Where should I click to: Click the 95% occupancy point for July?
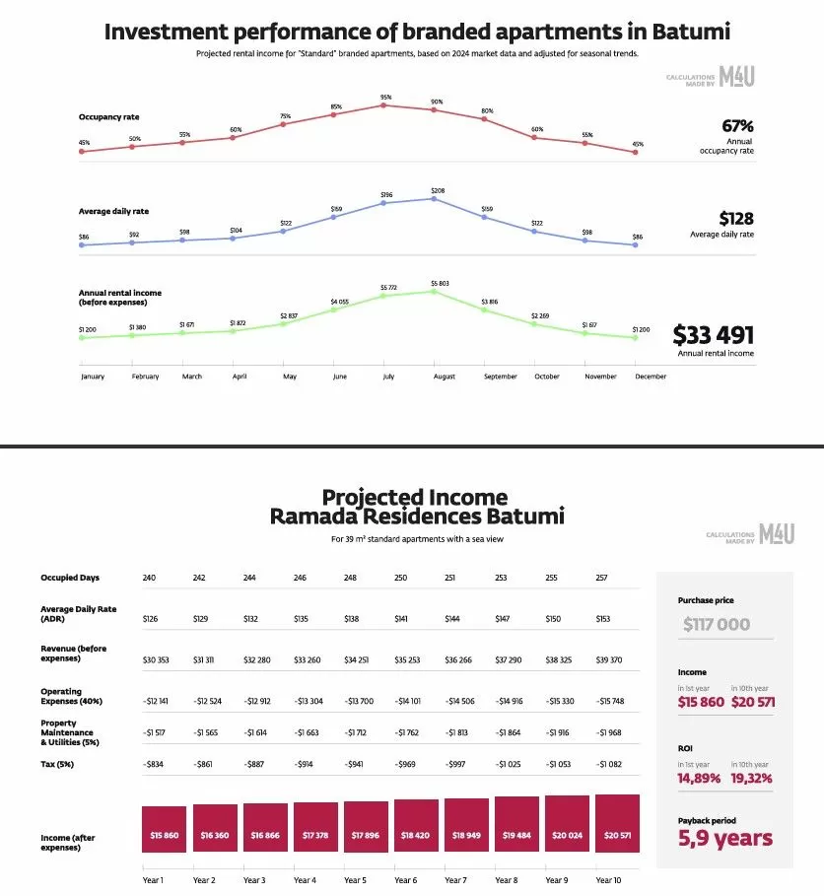click(385, 104)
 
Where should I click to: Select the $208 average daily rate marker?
click(437, 198)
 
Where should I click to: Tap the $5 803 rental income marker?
click(437, 291)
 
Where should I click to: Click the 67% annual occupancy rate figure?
click(737, 126)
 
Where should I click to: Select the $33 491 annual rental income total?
click(713, 333)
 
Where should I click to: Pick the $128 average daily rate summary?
click(736, 218)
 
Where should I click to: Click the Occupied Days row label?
click(70, 578)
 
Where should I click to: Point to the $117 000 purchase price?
click(718, 624)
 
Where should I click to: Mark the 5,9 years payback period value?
click(725, 840)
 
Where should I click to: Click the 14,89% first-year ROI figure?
click(699, 778)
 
